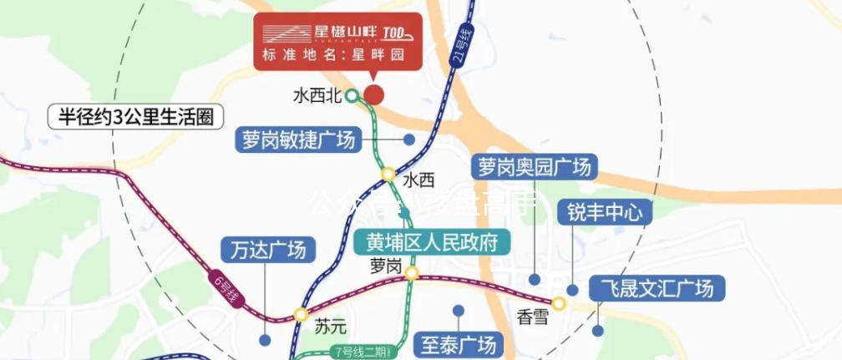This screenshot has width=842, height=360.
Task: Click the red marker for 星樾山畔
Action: [x=374, y=94]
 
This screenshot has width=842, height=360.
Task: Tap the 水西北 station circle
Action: [x=353, y=95]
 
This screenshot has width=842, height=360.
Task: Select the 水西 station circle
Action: [x=388, y=174]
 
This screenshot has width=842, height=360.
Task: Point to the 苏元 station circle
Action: [x=301, y=315]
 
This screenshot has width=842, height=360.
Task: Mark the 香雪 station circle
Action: [x=558, y=303]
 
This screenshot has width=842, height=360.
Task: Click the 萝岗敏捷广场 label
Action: [x=299, y=139]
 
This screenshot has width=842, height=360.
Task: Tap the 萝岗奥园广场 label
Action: [x=535, y=166]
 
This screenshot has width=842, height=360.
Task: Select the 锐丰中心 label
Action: [x=604, y=212]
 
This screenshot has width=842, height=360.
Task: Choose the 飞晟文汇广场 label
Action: [x=657, y=289]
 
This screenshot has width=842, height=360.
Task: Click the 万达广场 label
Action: [x=269, y=250]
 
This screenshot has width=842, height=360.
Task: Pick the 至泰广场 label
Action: [x=459, y=343]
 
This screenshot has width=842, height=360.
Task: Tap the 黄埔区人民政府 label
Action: [x=432, y=242]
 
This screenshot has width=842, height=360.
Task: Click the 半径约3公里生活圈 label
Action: [x=130, y=116]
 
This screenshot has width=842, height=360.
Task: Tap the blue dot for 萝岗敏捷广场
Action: [x=409, y=139]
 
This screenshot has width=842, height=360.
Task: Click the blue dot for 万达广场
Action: [x=265, y=340]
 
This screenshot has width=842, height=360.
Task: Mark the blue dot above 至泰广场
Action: [x=458, y=311]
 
